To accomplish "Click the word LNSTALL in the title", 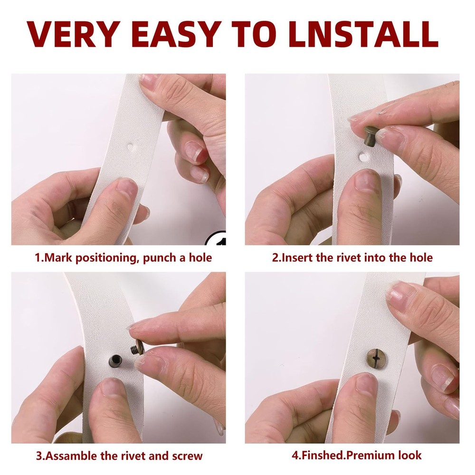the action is click(x=363, y=34).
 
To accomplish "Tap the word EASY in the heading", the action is click(x=175, y=34).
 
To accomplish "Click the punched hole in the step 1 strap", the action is click(x=131, y=147).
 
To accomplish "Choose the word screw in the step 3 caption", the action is click(x=187, y=456).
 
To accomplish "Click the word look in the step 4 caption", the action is click(x=410, y=456).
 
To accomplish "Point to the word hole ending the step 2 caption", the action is click(x=421, y=258).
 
